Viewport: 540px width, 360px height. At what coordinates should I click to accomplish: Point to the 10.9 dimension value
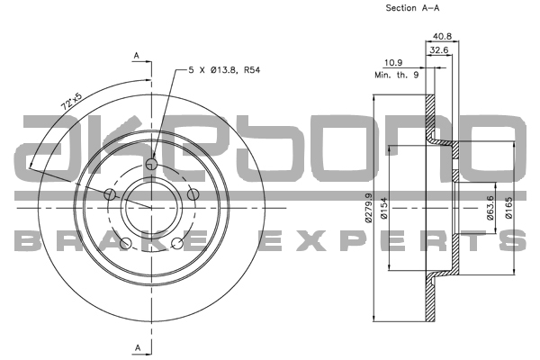pyautogui.click(x=393, y=63)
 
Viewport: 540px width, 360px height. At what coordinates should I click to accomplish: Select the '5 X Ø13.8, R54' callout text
pyautogui.click(x=226, y=68)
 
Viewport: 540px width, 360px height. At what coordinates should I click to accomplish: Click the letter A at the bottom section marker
pyautogui.click(x=136, y=346)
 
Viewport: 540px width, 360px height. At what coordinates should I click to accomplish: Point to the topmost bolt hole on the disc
pyautogui.click(x=151, y=164)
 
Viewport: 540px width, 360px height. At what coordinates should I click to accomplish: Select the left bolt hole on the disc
pyautogui.click(x=109, y=194)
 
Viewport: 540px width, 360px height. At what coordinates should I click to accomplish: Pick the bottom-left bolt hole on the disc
pyautogui.click(x=125, y=244)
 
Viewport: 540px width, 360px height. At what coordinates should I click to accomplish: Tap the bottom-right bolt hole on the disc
pyautogui.click(x=177, y=244)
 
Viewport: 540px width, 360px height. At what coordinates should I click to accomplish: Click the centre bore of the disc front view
pyautogui.click(x=151, y=208)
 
